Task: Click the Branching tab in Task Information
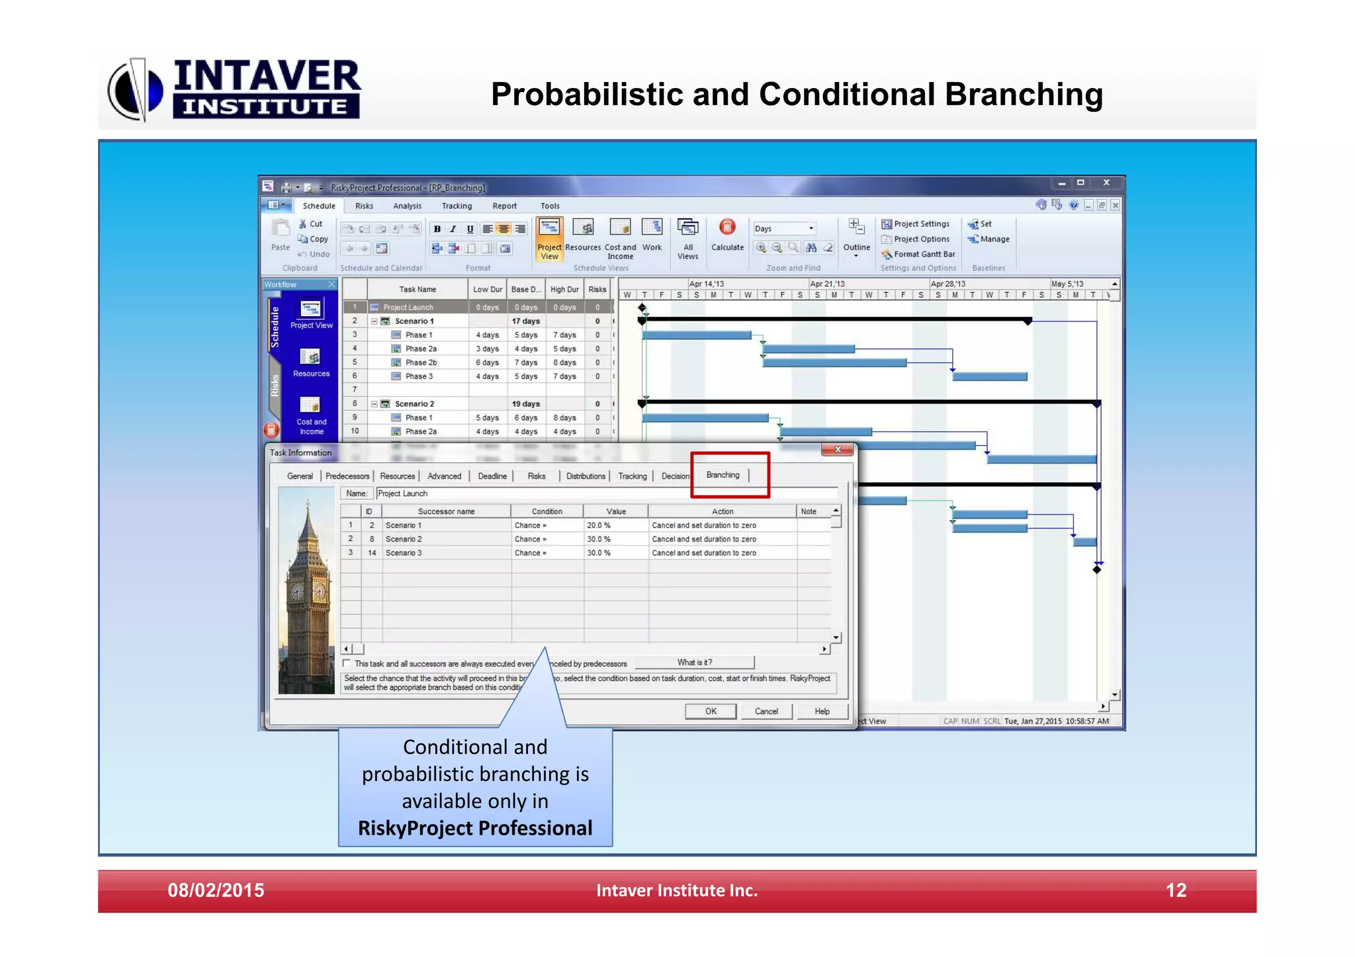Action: pyautogui.click(x=722, y=475)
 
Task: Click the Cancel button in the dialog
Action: pyautogui.click(x=766, y=711)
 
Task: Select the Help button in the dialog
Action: pyautogui.click(x=822, y=711)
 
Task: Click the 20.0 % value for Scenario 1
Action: pyautogui.click(x=599, y=525)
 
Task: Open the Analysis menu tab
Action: pyautogui.click(x=407, y=206)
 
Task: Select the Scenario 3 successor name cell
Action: pyautogui.click(x=404, y=553)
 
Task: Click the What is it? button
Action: pyautogui.click(x=694, y=662)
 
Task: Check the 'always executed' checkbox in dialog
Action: pyautogui.click(x=347, y=663)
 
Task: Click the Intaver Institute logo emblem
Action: pyautogui.click(x=135, y=89)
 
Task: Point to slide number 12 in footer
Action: pyautogui.click(x=1176, y=890)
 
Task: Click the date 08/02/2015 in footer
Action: pyautogui.click(x=216, y=890)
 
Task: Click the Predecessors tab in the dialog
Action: pyautogui.click(x=347, y=476)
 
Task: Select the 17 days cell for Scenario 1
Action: pyautogui.click(x=526, y=321)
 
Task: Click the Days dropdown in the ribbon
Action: pyautogui.click(x=785, y=229)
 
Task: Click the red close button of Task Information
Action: pyautogui.click(x=838, y=450)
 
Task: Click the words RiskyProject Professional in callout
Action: pyautogui.click(x=475, y=828)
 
